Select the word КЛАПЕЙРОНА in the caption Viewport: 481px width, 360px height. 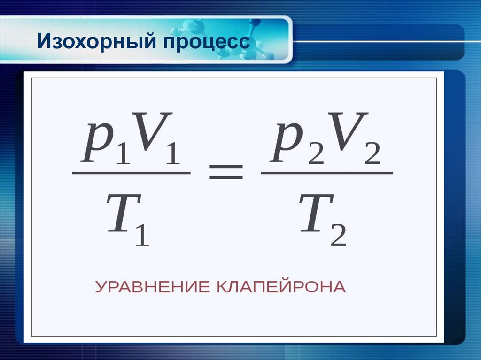[x=281, y=287]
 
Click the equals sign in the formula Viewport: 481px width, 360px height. [x=226, y=173]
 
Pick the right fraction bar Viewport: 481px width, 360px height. [x=326, y=173]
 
